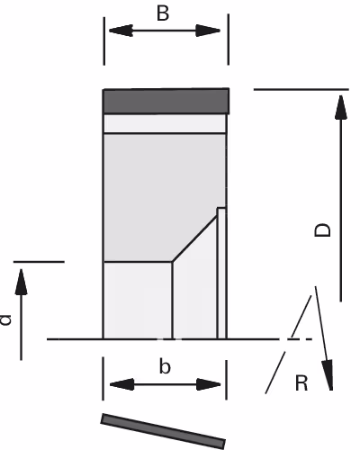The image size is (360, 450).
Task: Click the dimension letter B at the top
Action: [x=163, y=13]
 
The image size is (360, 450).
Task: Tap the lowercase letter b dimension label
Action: [x=165, y=366]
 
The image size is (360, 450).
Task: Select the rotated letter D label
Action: [x=322, y=230]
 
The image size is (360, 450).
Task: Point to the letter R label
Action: [x=301, y=382]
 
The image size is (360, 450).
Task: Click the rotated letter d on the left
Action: [x=5, y=319]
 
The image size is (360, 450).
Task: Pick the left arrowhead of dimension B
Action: [x=121, y=31]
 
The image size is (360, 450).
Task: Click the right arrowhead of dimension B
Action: [x=208, y=31]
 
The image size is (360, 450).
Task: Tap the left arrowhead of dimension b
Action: [x=122, y=384]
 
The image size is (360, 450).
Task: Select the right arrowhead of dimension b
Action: [x=209, y=384]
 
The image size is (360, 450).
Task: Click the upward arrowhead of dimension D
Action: [x=341, y=107]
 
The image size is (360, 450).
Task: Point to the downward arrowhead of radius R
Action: [x=328, y=374]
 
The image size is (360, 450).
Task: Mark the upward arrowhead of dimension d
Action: [x=21, y=282]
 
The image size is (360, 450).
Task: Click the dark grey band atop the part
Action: [x=166, y=101]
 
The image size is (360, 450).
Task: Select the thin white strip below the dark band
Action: [x=165, y=123]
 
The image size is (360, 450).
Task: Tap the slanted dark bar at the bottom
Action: [x=163, y=431]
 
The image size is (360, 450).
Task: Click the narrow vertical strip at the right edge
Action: [x=221, y=273]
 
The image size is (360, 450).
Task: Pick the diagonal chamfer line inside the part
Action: [x=194, y=239]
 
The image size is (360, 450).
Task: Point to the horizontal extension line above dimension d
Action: [x=39, y=262]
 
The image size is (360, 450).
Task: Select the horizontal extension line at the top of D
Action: [x=301, y=89]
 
